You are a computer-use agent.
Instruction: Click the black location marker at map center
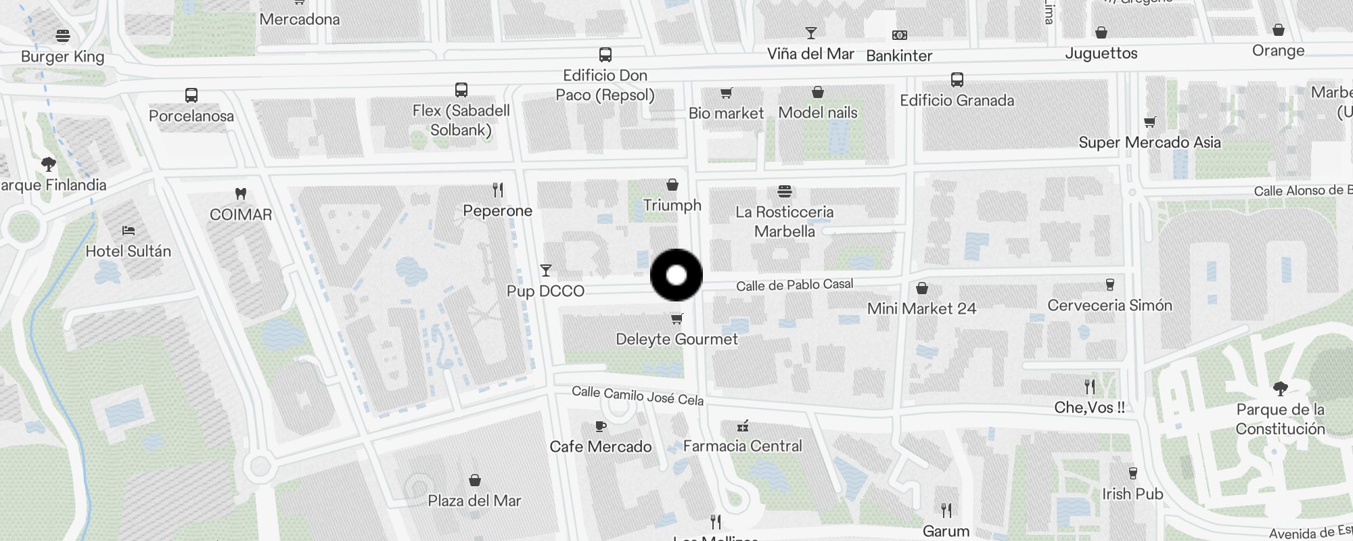[x=676, y=275]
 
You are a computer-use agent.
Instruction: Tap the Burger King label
[x=62, y=56]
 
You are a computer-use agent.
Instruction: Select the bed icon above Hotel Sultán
[x=129, y=231]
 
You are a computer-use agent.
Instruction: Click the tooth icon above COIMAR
[x=240, y=194]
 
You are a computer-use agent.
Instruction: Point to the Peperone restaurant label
[x=497, y=211]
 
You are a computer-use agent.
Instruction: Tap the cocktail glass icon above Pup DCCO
[x=546, y=270]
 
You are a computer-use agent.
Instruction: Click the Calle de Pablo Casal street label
[x=794, y=285]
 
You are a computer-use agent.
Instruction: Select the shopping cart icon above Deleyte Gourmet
[x=676, y=319]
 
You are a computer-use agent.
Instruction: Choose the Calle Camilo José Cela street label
[x=637, y=396]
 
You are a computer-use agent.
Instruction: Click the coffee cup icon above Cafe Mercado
[x=600, y=426]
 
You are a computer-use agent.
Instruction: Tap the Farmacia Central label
[x=742, y=446]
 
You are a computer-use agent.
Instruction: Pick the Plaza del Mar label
[x=474, y=501]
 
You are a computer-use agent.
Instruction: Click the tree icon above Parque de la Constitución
[x=1280, y=388]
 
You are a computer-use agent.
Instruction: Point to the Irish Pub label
[x=1132, y=494]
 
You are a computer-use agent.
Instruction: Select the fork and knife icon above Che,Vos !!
[x=1089, y=387]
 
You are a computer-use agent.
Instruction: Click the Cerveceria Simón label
[x=1109, y=306]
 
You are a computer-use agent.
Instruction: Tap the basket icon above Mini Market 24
[x=921, y=289]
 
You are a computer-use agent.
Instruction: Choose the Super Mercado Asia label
[x=1149, y=143]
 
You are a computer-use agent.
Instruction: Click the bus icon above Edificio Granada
[x=957, y=80]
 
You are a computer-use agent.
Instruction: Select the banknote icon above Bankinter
[x=899, y=35]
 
